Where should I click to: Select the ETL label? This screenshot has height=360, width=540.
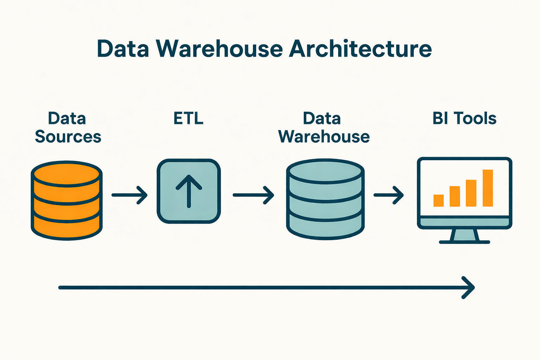coord(188,118)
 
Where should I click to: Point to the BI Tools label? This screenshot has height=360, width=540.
coord(464,118)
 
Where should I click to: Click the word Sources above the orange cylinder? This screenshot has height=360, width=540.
coord(68,136)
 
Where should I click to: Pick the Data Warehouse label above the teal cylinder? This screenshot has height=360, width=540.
coord(324,128)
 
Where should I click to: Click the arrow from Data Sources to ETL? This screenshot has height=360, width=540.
coord(129,195)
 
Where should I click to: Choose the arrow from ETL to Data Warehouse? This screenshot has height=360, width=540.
coord(253,195)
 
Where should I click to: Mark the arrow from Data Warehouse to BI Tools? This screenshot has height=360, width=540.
coord(388,195)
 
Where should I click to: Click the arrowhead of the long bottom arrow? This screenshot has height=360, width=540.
coord(469,288)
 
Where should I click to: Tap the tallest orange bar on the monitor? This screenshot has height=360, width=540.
coord(488,188)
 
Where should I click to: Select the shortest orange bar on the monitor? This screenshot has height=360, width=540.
coord(438,200)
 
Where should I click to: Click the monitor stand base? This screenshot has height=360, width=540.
coord(464,242)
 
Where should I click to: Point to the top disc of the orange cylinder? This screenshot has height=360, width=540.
coord(67,174)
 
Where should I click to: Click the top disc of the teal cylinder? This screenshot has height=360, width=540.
coord(325,172)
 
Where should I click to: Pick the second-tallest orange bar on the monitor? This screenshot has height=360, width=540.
coord(471,193)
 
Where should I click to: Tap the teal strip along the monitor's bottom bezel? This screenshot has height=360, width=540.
coord(464,222)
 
